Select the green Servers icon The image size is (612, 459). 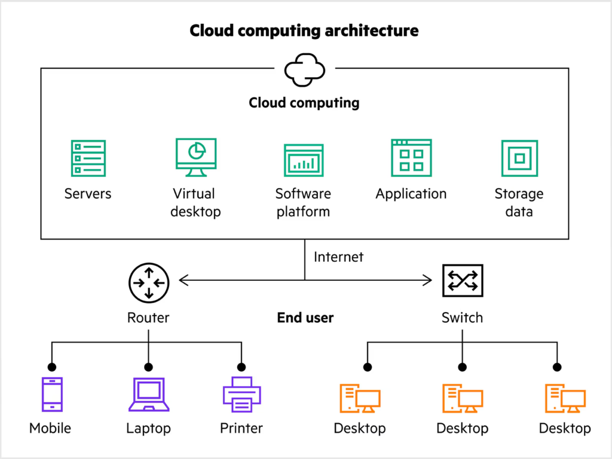pyautogui.click(x=88, y=158)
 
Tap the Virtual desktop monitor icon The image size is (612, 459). pyautogui.click(x=196, y=157)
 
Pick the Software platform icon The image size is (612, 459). pyautogui.click(x=304, y=160)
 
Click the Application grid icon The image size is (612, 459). pyautogui.click(x=411, y=158)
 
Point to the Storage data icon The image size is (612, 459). pyautogui.click(x=519, y=158)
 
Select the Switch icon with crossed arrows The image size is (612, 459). pyautogui.click(x=462, y=280)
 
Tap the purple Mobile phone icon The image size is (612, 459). pyautogui.click(x=51, y=394)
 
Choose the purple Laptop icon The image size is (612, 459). pyautogui.click(x=149, y=394)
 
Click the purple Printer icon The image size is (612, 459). pyautogui.click(x=241, y=394)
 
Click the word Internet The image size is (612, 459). pyautogui.click(x=338, y=258)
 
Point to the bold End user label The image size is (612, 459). pyautogui.click(x=305, y=318)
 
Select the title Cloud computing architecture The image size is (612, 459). pyautogui.click(x=304, y=30)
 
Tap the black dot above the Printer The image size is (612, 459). pyautogui.click(x=241, y=367)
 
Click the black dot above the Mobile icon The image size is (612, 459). pyautogui.click(x=52, y=367)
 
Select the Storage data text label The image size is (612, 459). pyautogui.click(x=519, y=203)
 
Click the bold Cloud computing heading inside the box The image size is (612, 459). pyautogui.click(x=304, y=103)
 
